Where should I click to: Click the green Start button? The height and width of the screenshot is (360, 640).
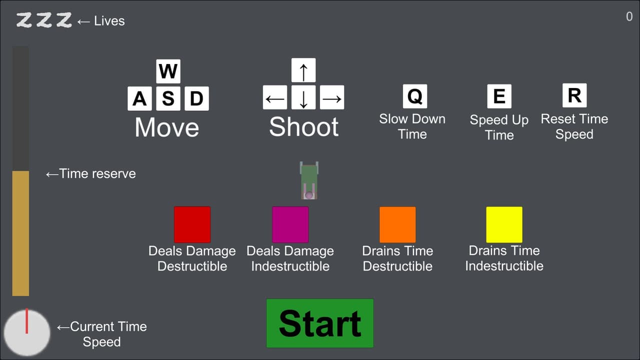click(x=320, y=323)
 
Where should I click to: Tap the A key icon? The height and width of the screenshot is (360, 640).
click(x=139, y=98)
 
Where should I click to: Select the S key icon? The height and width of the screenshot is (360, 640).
click(x=168, y=98)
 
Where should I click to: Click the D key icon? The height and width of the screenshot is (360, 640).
click(x=197, y=98)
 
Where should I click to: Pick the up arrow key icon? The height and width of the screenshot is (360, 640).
click(x=303, y=70)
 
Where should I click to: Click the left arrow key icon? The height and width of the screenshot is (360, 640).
click(x=275, y=97)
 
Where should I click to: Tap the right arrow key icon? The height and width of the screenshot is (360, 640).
click(x=332, y=97)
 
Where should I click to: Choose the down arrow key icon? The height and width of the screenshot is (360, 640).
click(x=303, y=97)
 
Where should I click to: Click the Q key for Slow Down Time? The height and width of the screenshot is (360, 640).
click(x=415, y=96)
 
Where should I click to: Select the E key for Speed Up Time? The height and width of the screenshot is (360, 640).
click(x=499, y=96)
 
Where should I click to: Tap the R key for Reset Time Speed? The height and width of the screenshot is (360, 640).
click(x=574, y=95)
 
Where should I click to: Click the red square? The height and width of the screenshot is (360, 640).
click(x=192, y=224)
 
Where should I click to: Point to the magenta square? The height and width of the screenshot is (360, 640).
click(x=290, y=224)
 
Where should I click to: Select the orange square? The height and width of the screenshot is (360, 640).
click(x=397, y=224)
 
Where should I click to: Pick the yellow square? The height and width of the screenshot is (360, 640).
click(x=504, y=224)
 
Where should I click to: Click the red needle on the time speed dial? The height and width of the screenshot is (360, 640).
click(x=26, y=321)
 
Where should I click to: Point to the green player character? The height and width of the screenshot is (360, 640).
click(x=309, y=180)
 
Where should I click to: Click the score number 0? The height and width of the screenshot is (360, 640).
click(x=629, y=16)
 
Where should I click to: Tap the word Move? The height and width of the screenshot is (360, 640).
click(x=167, y=127)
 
